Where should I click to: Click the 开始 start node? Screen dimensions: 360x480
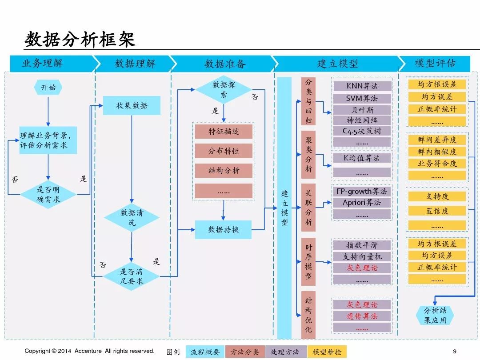(48, 88)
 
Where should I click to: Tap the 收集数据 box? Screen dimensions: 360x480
(132, 106)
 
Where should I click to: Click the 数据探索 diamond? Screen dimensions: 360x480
(224, 89)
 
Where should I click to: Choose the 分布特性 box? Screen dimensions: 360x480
(224, 151)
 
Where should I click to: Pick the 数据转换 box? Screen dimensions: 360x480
(224, 230)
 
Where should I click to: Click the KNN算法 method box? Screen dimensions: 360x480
(362, 86)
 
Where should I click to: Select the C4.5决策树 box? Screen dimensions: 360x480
(362, 131)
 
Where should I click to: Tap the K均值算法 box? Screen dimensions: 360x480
(362, 158)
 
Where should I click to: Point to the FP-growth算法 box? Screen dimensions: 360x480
(362, 192)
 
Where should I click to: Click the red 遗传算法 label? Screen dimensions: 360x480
(362, 316)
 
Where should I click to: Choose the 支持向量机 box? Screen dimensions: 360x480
(362, 256)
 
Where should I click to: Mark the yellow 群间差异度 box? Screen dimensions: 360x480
(437, 140)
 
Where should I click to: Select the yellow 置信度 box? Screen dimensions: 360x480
(437, 211)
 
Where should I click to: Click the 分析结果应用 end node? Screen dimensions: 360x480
(434, 315)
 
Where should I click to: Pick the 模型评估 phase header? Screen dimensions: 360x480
(435, 63)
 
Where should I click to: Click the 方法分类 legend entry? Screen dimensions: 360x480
(244, 352)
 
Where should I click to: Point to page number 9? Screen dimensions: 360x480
(454, 351)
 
